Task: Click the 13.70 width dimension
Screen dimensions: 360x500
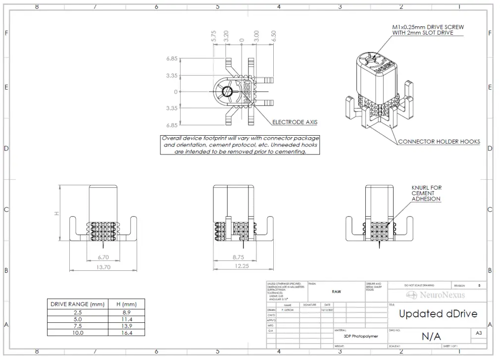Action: tap(103, 266)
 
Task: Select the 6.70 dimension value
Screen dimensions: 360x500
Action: tap(103, 257)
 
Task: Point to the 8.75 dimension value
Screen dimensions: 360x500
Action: tap(239, 257)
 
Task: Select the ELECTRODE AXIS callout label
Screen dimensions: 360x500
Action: tap(295, 122)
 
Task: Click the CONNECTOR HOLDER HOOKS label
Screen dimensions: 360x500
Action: tap(439, 142)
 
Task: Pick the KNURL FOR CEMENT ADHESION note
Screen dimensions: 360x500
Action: tap(426, 193)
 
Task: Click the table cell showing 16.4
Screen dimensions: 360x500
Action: tap(127, 333)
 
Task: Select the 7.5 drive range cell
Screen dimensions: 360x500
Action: tap(77, 326)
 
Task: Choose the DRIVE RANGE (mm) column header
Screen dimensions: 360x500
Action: tap(77, 304)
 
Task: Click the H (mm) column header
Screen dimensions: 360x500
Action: tap(127, 304)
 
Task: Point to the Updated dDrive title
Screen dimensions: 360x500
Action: tap(438, 313)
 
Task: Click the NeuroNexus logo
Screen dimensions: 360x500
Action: tap(436, 295)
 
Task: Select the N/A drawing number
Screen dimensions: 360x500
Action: tap(431, 336)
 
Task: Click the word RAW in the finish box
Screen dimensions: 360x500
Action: tap(336, 292)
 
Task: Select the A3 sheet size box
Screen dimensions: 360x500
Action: tap(478, 333)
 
